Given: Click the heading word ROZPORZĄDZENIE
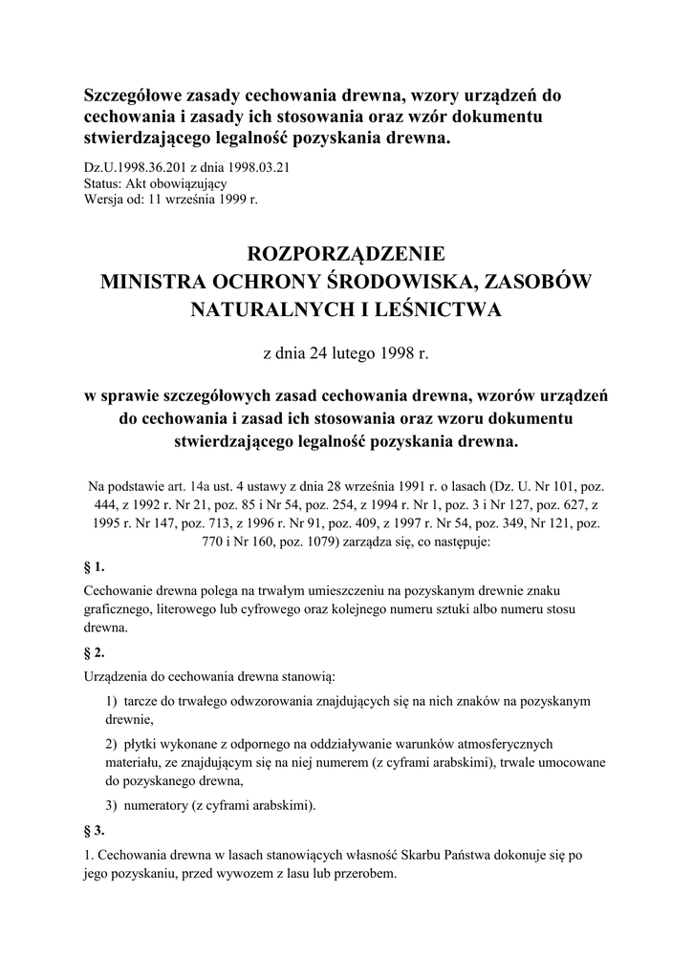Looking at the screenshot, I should coord(346,254).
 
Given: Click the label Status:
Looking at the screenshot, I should coord(104,183).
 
